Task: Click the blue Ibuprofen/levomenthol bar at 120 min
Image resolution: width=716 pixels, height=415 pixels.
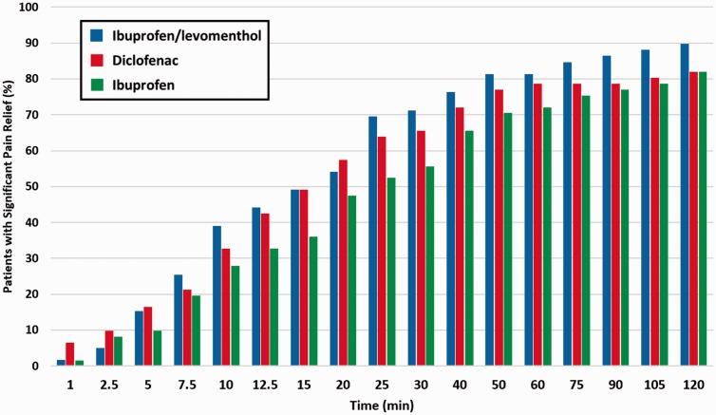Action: pos(685,204)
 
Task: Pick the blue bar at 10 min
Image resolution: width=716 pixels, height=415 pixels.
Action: pos(217,295)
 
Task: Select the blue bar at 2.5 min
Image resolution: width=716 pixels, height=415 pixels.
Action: pos(100,357)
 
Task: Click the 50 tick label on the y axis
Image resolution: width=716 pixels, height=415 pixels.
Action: pos(34,187)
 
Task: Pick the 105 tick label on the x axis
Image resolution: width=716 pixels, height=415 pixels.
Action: pos(655,382)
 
